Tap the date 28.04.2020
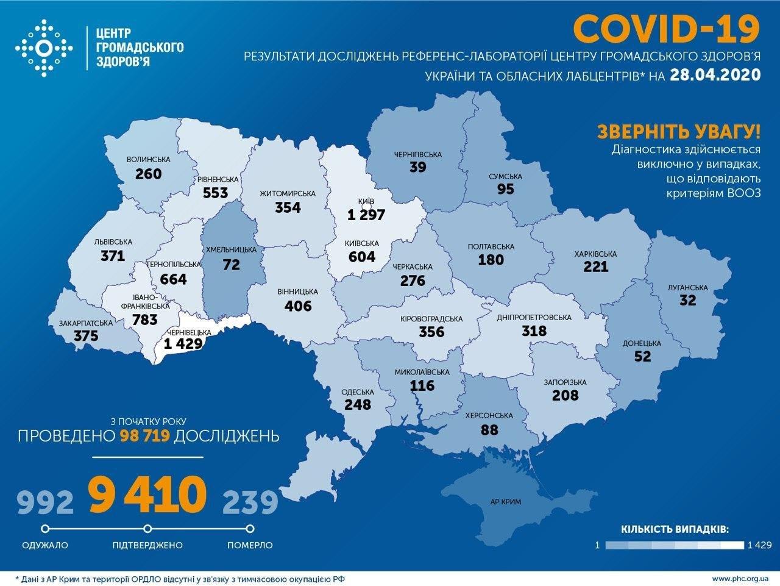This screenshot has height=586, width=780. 715,74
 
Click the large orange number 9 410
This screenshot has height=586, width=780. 146,495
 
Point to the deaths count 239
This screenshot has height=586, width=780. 250,502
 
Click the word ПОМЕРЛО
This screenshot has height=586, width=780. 250,545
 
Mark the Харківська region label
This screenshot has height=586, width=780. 595,254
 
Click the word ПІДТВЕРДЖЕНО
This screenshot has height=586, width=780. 147,545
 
